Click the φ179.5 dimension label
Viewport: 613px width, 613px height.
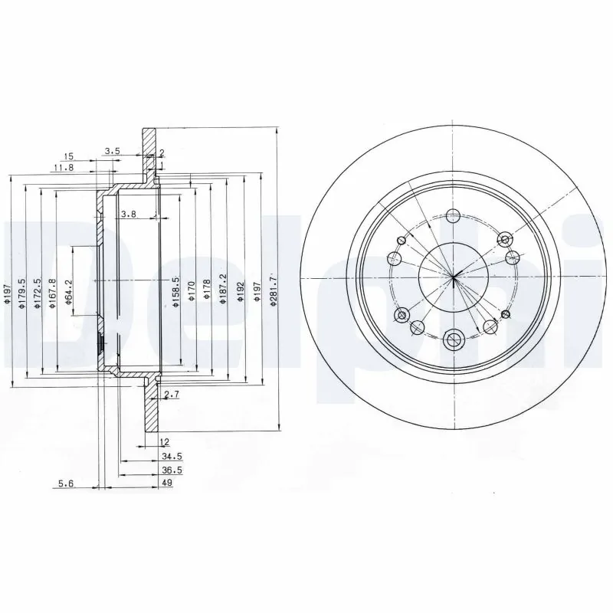pyautogui.click(x=22, y=291)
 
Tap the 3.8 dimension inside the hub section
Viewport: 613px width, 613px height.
pyautogui.click(x=128, y=215)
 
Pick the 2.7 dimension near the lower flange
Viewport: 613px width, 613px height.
pyautogui.click(x=172, y=395)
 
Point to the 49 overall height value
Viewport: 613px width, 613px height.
pyautogui.click(x=166, y=484)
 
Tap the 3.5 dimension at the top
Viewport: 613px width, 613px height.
pyautogui.click(x=112, y=152)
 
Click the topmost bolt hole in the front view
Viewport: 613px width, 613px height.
pyautogui.click(x=453, y=215)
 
